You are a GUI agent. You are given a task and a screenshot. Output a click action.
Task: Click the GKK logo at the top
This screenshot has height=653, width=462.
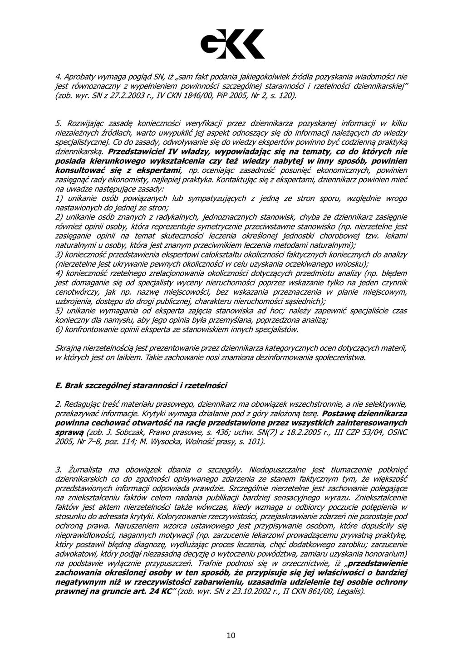pyautogui.click(x=232, y=44)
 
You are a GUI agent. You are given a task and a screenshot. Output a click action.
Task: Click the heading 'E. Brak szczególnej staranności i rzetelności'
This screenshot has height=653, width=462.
pyautogui.click(x=141, y=385)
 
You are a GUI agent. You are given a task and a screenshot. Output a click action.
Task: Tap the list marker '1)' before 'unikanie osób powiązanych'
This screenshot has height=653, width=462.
pyautogui.click(x=59, y=199)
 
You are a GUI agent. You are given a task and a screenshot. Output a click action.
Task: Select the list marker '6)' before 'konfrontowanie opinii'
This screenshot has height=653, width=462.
pyautogui.click(x=59, y=330)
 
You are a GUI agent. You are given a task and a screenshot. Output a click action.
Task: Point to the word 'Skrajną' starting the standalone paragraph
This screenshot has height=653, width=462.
pyautogui.click(x=68, y=348)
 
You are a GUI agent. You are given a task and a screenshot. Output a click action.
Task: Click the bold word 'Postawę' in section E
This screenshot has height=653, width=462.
pyautogui.click(x=339, y=414)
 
